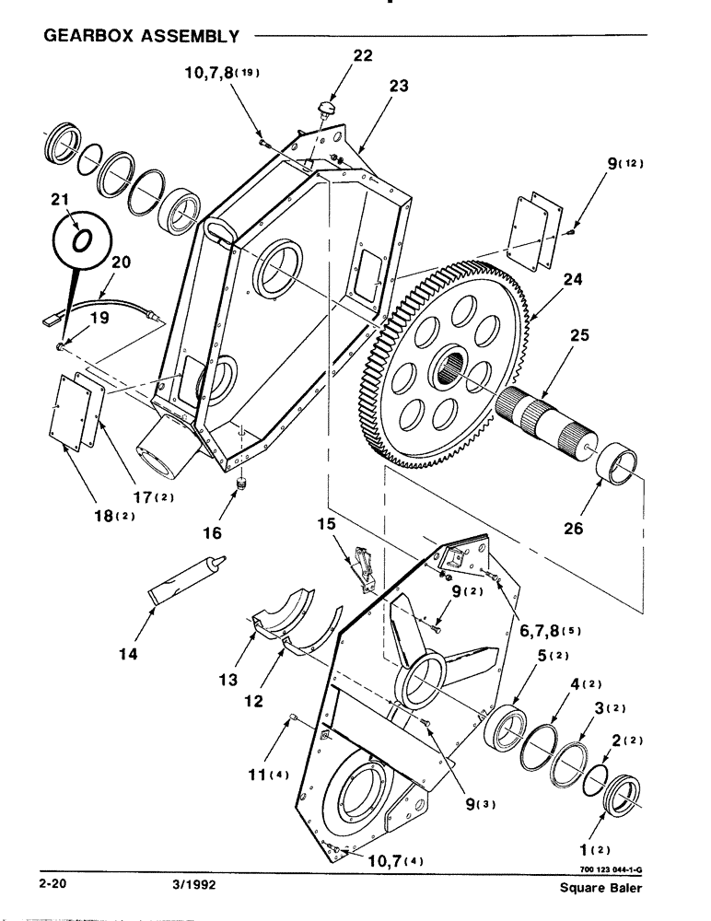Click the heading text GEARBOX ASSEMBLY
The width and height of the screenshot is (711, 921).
click(x=141, y=37)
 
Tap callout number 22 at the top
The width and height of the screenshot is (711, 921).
click(x=362, y=55)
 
